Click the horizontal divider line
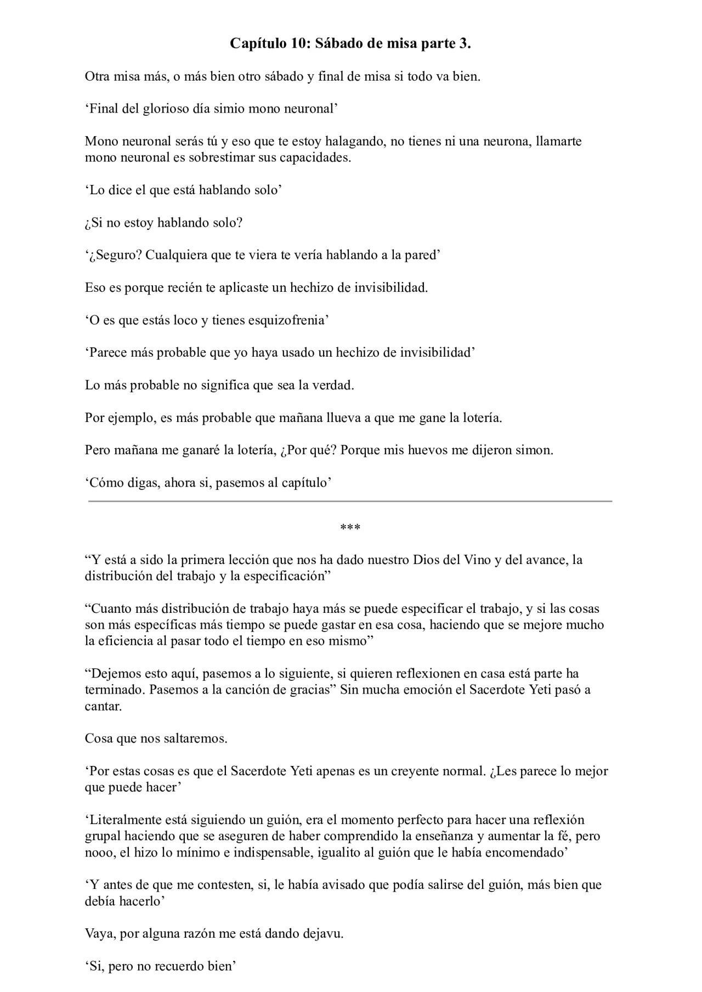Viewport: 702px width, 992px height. (350, 501)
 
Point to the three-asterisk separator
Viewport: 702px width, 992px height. (350, 528)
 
